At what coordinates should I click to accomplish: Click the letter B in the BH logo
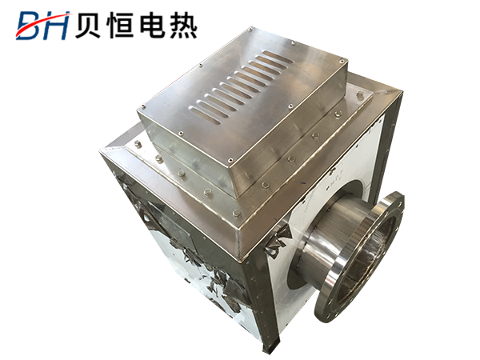click(30, 26)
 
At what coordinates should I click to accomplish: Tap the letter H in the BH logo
click(58, 26)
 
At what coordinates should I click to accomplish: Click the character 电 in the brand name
click(152, 26)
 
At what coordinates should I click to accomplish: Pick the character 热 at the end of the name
click(182, 26)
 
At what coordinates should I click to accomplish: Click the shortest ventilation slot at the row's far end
click(274, 56)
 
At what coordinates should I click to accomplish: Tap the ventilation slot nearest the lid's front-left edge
click(204, 115)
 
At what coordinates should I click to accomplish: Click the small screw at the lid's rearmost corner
click(250, 30)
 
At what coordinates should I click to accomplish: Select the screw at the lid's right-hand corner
click(342, 61)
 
